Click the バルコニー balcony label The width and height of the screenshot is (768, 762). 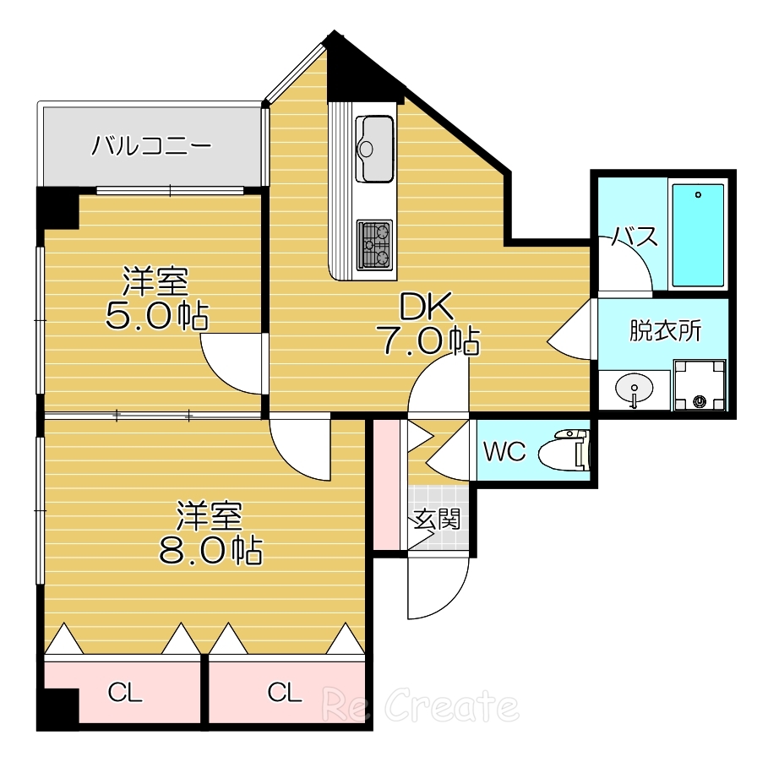coord(151,144)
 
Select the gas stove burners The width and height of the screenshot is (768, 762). coord(375,245)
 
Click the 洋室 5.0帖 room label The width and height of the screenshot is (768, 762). coord(156,298)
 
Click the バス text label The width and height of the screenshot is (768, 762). coord(635,237)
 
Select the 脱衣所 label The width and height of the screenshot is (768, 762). coord(665,331)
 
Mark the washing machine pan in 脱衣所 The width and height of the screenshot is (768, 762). coord(700,385)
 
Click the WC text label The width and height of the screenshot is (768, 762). coord(504,452)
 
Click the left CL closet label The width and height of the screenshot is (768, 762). coord(125,694)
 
